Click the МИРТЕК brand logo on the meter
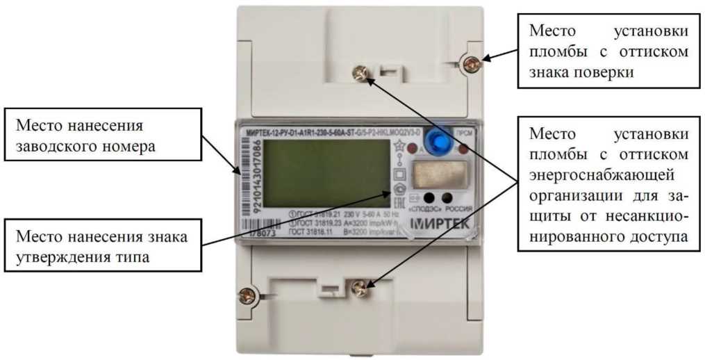point(439,224)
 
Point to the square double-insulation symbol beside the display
point(399,173)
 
